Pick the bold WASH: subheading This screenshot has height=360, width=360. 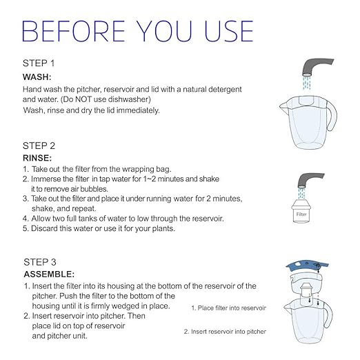coord(38,77)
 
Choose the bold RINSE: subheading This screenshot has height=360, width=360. coord(39,157)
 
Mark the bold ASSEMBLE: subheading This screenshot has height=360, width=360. coord(49,273)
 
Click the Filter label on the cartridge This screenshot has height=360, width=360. coord(301,214)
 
